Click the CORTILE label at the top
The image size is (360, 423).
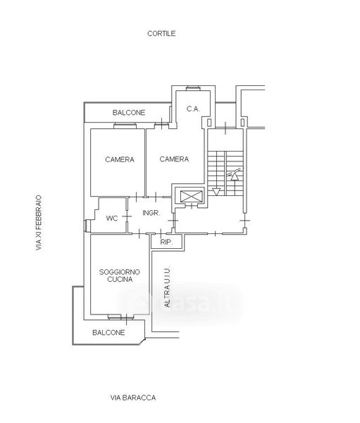(x=161, y=33)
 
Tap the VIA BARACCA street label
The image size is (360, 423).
(x=133, y=398)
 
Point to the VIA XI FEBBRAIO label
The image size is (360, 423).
(x=39, y=223)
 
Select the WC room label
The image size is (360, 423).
(x=112, y=218)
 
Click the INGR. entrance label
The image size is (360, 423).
(x=151, y=213)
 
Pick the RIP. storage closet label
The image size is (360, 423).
(x=167, y=242)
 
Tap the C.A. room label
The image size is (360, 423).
(x=193, y=109)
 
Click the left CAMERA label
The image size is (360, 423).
(x=120, y=159)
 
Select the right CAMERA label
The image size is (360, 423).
(x=174, y=159)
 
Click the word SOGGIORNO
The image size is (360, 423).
(x=120, y=272)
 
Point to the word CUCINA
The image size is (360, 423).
(x=120, y=279)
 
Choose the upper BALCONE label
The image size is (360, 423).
(x=129, y=113)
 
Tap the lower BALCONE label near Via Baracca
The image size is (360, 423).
(x=108, y=332)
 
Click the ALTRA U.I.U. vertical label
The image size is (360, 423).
(x=168, y=287)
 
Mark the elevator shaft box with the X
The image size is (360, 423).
(x=191, y=196)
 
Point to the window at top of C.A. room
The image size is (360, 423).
(x=193, y=87)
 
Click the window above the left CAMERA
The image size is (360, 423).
(x=125, y=125)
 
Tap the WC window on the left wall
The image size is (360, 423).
(x=87, y=226)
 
